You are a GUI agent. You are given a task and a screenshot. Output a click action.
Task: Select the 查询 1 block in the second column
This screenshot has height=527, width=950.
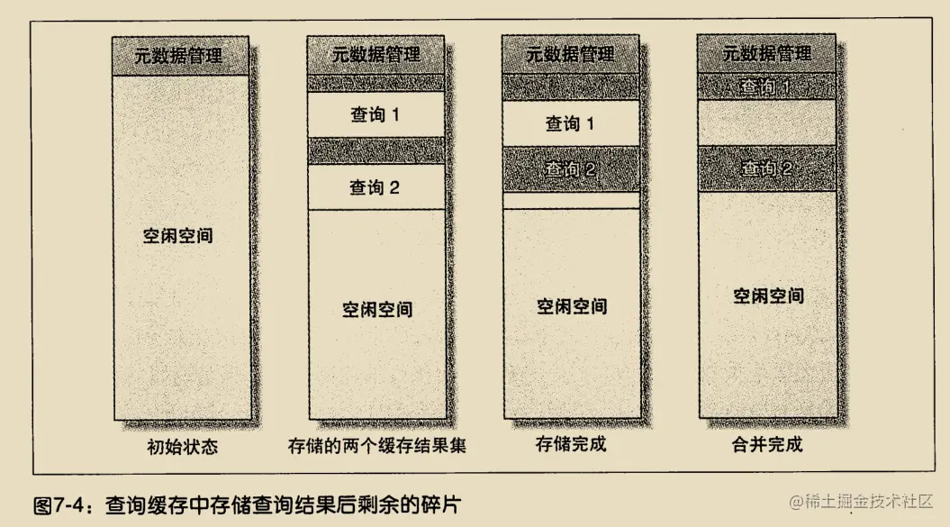click(x=376, y=115)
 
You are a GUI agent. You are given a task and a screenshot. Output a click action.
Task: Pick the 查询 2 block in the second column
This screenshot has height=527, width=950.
click(x=376, y=188)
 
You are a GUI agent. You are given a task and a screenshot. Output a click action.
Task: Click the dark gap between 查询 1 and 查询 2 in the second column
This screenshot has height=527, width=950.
click(x=376, y=150)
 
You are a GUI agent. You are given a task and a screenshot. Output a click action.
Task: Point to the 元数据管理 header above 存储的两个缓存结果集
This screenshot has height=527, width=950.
click(x=376, y=54)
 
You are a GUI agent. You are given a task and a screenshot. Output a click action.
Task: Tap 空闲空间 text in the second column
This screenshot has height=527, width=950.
click(x=377, y=309)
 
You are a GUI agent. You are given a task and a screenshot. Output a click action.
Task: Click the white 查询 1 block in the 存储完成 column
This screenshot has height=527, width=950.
click(x=570, y=123)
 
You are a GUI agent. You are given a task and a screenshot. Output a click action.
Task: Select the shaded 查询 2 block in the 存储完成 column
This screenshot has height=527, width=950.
click(x=570, y=168)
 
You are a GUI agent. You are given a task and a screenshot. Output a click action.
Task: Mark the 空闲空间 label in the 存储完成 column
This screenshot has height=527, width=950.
click(x=571, y=305)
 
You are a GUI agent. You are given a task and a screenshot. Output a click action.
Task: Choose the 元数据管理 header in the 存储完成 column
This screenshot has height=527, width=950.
click(x=571, y=54)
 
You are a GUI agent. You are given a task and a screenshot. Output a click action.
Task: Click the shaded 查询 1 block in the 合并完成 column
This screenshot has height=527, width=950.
click(x=766, y=86)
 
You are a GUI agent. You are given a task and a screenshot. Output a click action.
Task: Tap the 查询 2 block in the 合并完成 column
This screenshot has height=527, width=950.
click(x=766, y=168)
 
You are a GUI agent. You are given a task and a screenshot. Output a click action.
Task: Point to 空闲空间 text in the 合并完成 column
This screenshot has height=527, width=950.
click(x=767, y=295)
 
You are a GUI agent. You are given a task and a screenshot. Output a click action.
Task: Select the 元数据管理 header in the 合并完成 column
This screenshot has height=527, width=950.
click(x=766, y=54)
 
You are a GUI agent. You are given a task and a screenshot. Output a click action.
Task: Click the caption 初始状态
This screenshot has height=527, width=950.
click(x=182, y=446)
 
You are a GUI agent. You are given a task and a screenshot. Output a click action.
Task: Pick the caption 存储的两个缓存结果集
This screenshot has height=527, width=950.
click(x=376, y=446)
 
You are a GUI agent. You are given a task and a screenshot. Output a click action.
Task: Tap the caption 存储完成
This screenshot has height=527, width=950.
click(x=571, y=444)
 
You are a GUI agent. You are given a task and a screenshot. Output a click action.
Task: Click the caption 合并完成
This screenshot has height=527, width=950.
click(x=766, y=444)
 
